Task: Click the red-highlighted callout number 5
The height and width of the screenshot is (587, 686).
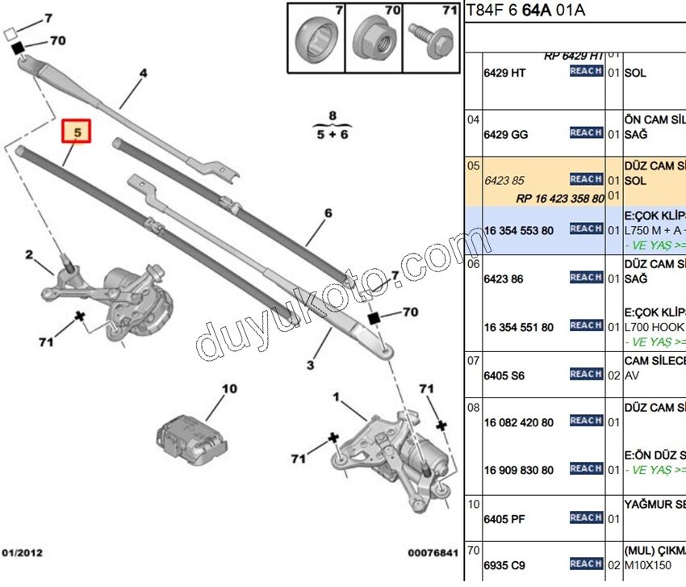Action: (x=78, y=131)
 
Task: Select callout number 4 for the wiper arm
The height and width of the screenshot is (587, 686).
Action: (x=144, y=73)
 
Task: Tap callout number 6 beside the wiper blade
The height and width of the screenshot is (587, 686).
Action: (x=328, y=214)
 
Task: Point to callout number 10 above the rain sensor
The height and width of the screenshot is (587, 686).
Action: (x=229, y=389)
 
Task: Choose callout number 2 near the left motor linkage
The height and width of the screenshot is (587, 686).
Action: (x=29, y=256)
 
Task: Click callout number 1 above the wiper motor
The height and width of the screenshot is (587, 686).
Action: (x=337, y=396)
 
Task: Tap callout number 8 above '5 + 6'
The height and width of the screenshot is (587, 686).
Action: (x=332, y=116)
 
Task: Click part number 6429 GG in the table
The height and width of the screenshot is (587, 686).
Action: (x=506, y=135)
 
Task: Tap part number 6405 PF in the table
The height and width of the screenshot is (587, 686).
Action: (x=504, y=520)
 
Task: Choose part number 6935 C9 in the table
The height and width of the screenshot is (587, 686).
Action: (x=505, y=565)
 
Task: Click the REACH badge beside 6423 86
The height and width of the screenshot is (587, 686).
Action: (x=586, y=278)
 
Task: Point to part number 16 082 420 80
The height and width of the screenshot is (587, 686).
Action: (x=519, y=422)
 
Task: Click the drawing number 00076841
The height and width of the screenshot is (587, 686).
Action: (x=432, y=553)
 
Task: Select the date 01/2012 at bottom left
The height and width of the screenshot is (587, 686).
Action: (x=22, y=553)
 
